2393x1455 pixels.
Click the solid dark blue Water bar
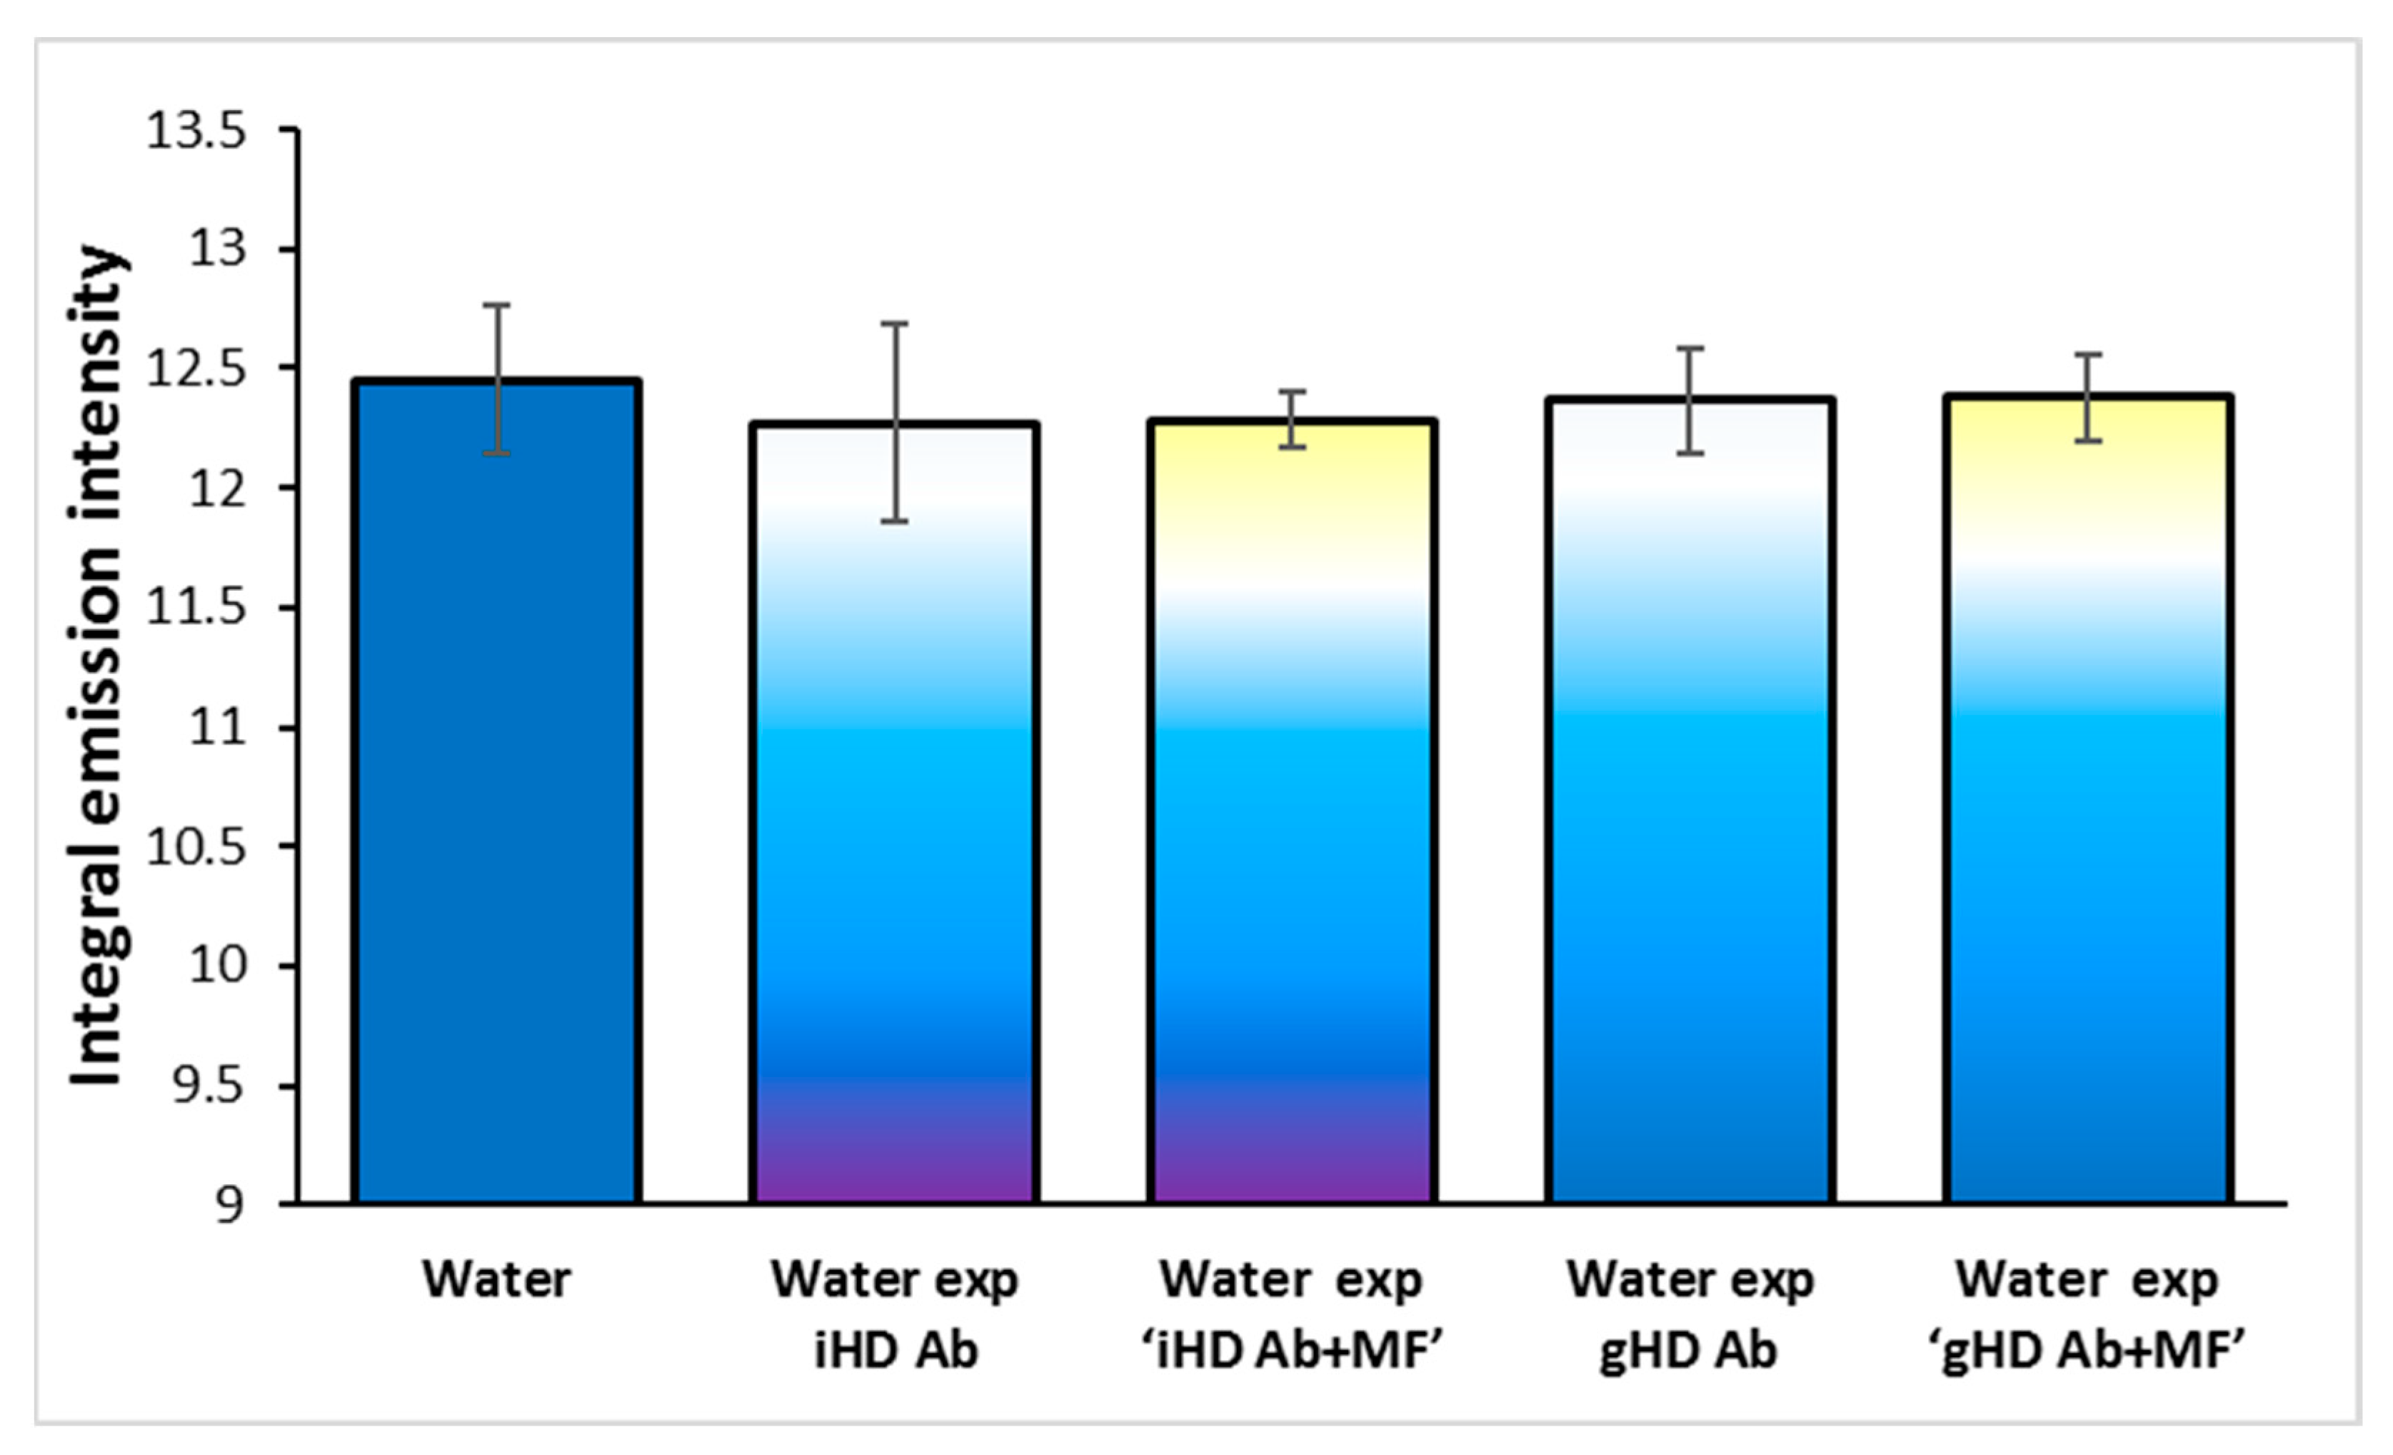496,826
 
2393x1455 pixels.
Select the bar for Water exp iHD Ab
895,826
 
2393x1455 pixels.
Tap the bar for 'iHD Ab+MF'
1292,826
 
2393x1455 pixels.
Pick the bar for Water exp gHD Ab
1690,826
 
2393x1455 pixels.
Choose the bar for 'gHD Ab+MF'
2088,826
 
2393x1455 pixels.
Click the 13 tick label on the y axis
218,249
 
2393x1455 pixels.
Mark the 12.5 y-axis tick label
196,369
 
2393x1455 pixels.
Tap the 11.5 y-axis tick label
196,608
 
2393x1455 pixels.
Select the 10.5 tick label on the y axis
196,847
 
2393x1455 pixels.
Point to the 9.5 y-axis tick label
207,1086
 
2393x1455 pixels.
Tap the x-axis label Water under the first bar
496,1279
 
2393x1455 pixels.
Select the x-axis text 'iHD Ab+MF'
1292,1350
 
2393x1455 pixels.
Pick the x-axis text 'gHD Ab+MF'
2088,1350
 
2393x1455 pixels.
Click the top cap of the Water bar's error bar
496,305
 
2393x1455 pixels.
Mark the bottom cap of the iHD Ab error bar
895,521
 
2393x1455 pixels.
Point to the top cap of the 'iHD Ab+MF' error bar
1292,391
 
